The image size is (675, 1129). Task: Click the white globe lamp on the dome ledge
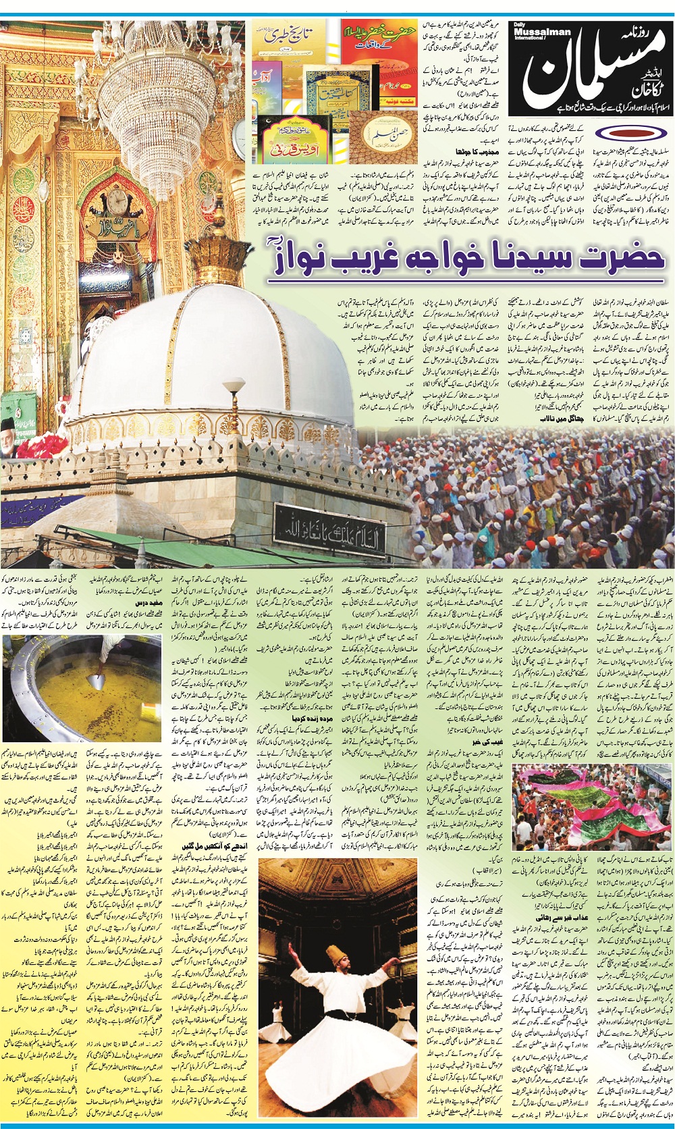(x=234, y=386)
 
